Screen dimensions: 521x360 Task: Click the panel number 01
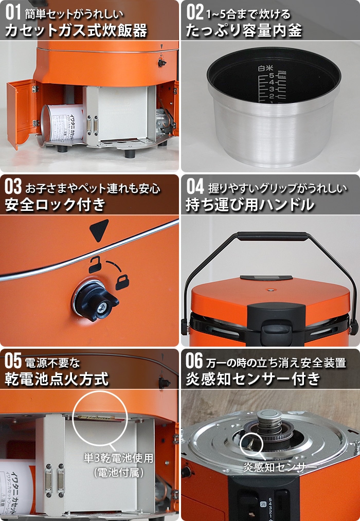pyautogui.click(x=13, y=11)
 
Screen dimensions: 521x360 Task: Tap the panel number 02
pyautogui.click(x=195, y=11)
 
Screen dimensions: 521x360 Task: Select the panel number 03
pyautogui.click(x=13, y=186)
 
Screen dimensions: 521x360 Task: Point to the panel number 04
pyautogui.click(x=195, y=186)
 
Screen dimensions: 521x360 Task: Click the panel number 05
pyautogui.click(x=13, y=361)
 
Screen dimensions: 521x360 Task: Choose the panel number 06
pyautogui.click(x=195, y=361)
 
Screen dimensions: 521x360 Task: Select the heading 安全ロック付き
pyautogui.click(x=55, y=205)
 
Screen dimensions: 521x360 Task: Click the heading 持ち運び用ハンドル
pyautogui.click(x=250, y=205)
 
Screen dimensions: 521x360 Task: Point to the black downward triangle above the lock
pyautogui.click(x=99, y=229)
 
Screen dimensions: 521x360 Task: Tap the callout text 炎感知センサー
pyautogui.click(x=273, y=468)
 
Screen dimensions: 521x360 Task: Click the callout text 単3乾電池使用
pyautogui.click(x=118, y=457)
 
